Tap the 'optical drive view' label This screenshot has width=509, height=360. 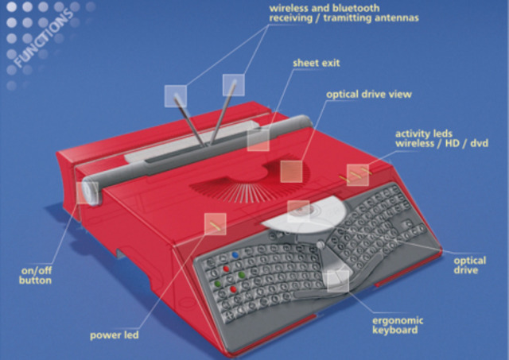[x=368, y=94]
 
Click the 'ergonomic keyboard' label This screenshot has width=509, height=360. [x=398, y=325]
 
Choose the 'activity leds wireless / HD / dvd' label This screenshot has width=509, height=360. [x=441, y=138]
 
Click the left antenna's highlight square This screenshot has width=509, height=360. [x=176, y=95]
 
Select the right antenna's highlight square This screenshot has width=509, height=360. [x=235, y=85]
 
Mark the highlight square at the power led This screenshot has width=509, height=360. [x=214, y=224]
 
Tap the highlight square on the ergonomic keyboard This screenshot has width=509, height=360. [x=338, y=277]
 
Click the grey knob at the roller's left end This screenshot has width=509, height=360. [x=87, y=192]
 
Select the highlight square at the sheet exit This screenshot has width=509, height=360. [x=258, y=139]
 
